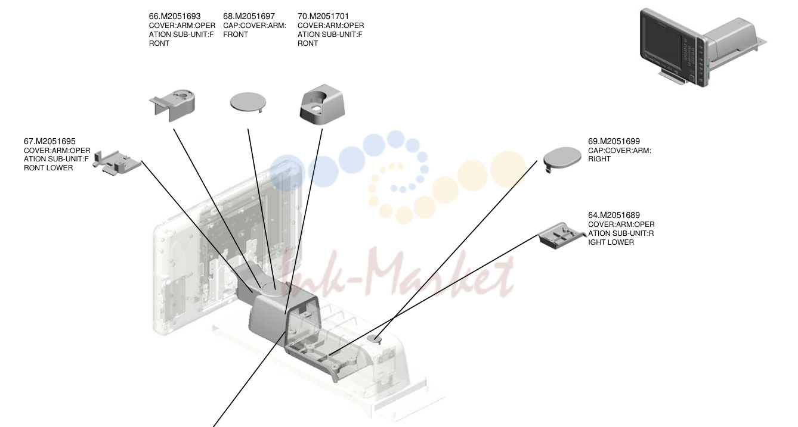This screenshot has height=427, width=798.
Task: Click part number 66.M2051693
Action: tap(175, 16)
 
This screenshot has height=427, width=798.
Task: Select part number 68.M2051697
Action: tap(249, 16)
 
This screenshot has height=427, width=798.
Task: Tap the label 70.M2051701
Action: tap(323, 16)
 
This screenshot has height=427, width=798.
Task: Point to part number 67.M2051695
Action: tap(50, 141)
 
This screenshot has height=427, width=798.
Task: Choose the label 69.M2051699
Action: tap(614, 141)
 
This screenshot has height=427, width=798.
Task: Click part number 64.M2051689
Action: tap(614, 215)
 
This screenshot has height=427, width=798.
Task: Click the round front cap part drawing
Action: tap(248, 102)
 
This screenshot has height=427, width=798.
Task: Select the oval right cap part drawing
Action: tap(562, 158)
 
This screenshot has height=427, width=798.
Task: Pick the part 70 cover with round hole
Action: tap(322, 105)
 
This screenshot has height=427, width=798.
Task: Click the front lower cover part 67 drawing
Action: tap(117, 163)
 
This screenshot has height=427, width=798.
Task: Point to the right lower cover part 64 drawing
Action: tap(561, 236)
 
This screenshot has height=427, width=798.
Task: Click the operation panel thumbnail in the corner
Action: tap(701, 48)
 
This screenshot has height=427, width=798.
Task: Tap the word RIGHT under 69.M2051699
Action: tap(599, 159)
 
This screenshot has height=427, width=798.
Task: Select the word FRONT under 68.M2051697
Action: tap(236, 35)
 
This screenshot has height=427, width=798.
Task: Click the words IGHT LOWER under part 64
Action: tap(611, 242)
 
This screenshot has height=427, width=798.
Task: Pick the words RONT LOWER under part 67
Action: tap(48, 168)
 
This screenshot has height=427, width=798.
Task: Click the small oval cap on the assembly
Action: tap(374, 339)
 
